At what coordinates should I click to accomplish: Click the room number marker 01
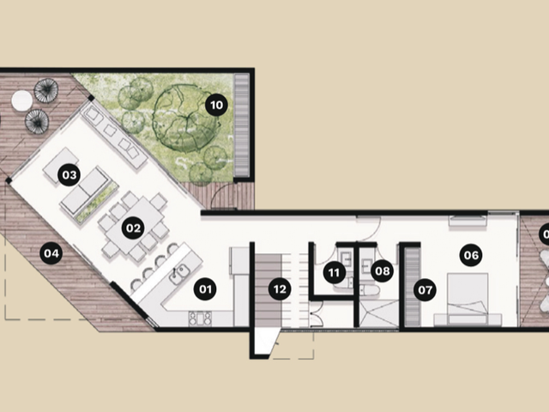(x=206, y=289)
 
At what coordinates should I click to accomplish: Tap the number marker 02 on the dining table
(x=133, y=228)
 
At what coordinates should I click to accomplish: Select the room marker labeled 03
(x=69, y=174)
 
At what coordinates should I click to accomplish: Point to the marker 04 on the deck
(x=51, y=253)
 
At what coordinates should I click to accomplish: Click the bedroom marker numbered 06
(x=471, y=255)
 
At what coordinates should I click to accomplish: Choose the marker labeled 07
(x=425, y=290)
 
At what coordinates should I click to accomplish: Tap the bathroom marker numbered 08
(x=382, y=271)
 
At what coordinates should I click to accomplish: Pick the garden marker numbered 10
(x=216, y=105)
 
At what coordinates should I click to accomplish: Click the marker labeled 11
(x=335, y=272)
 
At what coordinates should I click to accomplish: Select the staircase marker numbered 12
(x=280, y=289)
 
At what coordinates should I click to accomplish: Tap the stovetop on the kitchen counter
(x=200, y=318)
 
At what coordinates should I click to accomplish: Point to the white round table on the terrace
(x=22, y=101)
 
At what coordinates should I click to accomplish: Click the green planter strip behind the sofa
(x=97, y=203)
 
